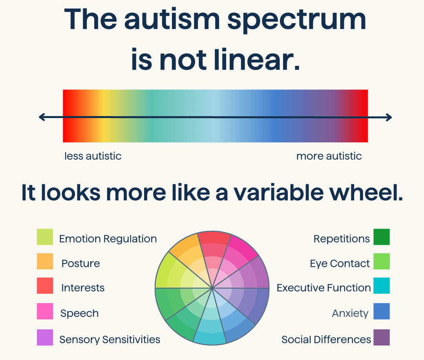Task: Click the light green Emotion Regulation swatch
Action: point(45,237)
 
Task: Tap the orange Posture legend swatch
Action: point(45,261)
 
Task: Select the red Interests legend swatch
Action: point(45,285)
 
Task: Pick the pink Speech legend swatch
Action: point(45,311)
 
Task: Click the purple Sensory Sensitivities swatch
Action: point(45,337)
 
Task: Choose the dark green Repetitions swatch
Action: point(382,237)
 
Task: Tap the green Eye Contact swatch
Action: point(382,261)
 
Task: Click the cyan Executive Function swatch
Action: point(382,285)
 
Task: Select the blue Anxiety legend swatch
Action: point(382,311)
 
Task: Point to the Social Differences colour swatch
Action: point(382,337)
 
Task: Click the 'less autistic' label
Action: point(93,156)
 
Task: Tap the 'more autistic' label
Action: point(329,156)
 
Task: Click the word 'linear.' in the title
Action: point(257,60)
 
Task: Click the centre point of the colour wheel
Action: point(212,288)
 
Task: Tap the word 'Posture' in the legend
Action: point(80,263)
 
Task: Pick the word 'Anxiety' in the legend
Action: point(350,314)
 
